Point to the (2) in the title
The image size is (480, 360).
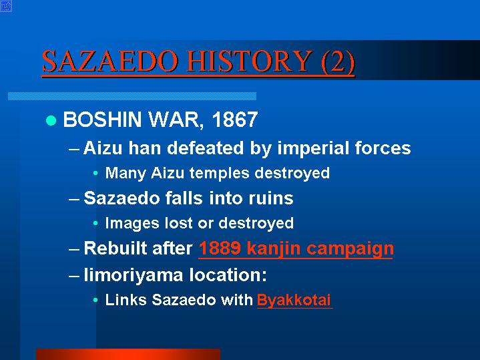[x=338, y=61]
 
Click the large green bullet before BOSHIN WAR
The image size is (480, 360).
[x=51, y=120]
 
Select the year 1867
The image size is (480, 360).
[x=235, y=120]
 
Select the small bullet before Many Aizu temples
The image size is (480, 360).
[x=95, y=174]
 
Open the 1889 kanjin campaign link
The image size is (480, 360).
[x=296, y=248]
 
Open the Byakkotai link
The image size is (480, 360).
[x=294, y=300]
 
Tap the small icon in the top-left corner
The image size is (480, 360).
[x=6, y=6]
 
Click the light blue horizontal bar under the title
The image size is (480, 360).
[x=132, y=96]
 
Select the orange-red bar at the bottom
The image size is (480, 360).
[x=128, y=354]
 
